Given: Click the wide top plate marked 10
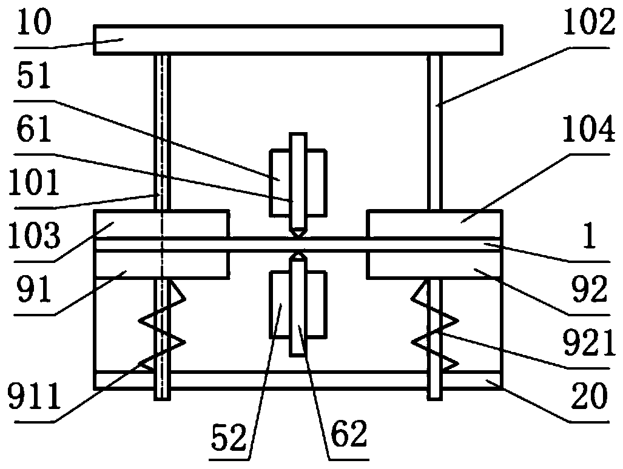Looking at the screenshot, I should [297, 40].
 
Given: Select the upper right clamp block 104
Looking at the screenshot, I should [434, 224].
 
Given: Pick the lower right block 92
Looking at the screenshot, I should [434, 265].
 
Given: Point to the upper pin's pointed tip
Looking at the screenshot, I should [298, 233].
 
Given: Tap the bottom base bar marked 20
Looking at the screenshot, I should [297, 380].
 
